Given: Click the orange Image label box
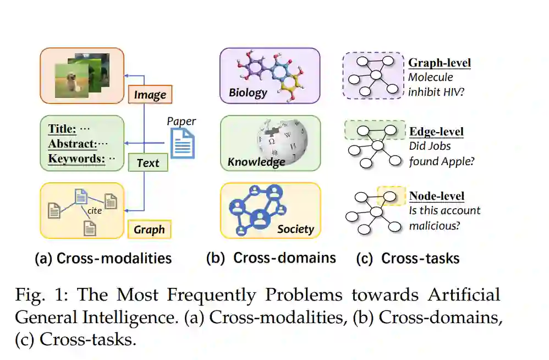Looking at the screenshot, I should pyautogui.click(x=150, y=95).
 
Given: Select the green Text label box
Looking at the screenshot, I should pyautogui.click(x=147, y=162).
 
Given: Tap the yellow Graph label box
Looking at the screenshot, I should pyautogui.click(x=149, y=230).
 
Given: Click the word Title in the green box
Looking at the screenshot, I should pyautogui.click(x=62, y=129).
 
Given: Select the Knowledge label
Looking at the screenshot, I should pyautogui.click(x=256, y=162).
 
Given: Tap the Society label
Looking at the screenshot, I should pyautogui.click(x=295, y=228).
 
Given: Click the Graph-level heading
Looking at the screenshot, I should pyautogui.click(x=439, y=63).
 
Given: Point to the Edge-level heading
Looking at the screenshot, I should pyautogui.click(x=436, y=132).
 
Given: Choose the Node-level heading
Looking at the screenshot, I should pyautogui.click(x=437, y=196).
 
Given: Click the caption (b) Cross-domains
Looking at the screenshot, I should pyautogui.click(x=271, y=258).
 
